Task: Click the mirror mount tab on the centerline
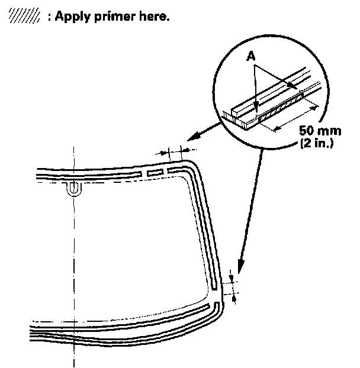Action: (x=74, y=188)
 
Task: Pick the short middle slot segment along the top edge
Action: (x=154, y=172)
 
